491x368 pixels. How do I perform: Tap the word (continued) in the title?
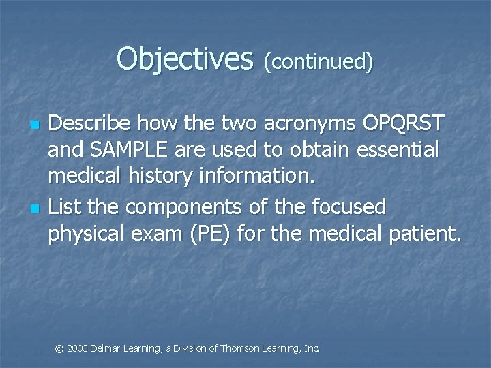click(319, 62)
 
